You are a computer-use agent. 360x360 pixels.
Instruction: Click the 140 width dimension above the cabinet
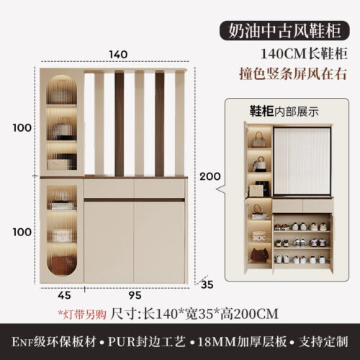[x=118, y=55]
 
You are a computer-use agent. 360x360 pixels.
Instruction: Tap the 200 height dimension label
[x=210, y=176]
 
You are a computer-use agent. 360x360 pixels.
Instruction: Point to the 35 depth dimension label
[x=207, y=284]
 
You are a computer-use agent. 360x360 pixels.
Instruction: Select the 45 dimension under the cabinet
[x=64, y=295]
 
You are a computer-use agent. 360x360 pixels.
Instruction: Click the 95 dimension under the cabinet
[x=135, y=295]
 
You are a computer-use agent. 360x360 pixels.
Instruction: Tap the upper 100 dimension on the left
[x=22, y=127]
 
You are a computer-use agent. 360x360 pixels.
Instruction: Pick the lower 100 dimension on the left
[x=22, y=232]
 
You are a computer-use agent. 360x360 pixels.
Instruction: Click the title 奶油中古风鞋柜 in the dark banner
[x=284, y=31]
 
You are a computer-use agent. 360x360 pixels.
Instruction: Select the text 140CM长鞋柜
[x=304, y=53]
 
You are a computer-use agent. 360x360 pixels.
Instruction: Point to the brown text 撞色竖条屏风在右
[x=293, y=73]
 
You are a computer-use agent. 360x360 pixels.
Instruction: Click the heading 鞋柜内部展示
[x=284, y=112]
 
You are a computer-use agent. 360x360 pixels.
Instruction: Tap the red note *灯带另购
[x=82, y=314]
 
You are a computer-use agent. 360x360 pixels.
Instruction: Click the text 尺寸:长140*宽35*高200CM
[x=194, y=314]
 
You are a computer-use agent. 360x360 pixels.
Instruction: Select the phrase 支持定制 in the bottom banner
[x=323, y=341]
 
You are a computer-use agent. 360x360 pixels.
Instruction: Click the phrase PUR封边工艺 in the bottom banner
[x=147, y=341]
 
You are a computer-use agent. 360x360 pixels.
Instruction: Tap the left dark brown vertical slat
[x=120, y=123]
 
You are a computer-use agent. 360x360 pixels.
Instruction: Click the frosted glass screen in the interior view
[x=302, y=161]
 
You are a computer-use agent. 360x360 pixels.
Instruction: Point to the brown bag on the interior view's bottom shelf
[x=259, y=256]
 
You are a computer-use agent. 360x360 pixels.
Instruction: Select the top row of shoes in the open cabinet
[x=302, y=226]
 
